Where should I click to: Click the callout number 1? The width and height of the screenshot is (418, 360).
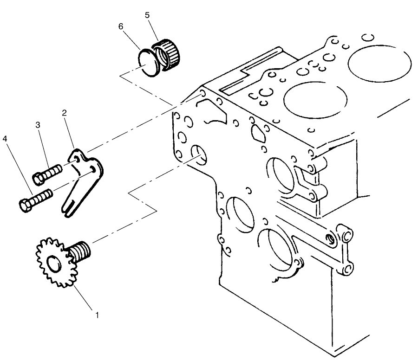pyautogui.click(x=97, y=315)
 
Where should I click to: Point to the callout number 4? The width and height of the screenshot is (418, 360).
pyautogui.click(x=5, y=138)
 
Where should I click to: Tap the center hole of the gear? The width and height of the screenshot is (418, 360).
pyautogui.click(x=55, y=263)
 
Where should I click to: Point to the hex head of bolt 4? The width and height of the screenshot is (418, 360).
pyautogui.click(x=25, y=205)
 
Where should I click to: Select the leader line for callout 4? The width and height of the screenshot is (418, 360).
pyautogui.click(x=19, y=169)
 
